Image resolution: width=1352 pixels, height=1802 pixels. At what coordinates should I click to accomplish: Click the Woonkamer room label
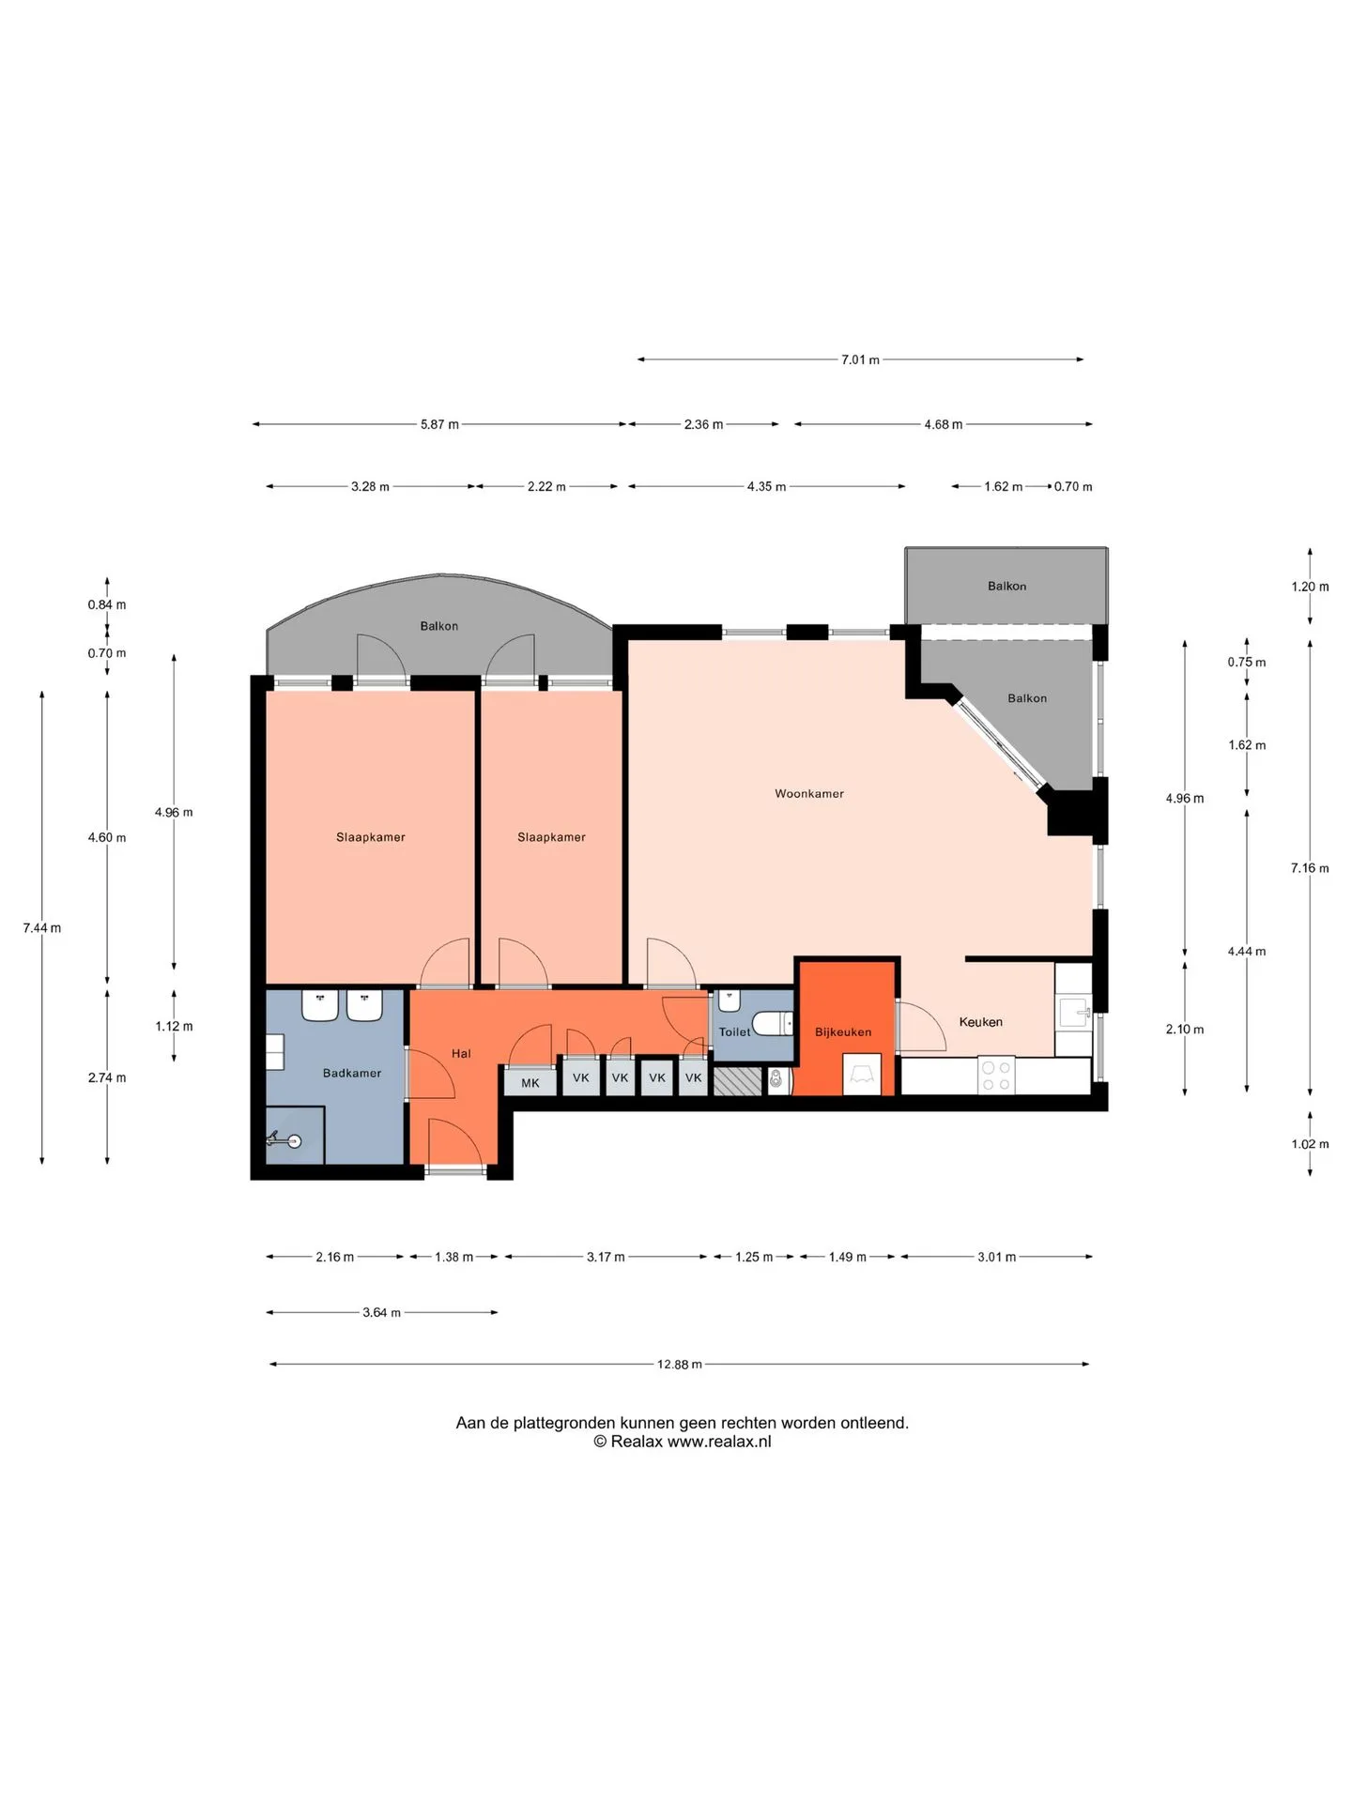[x=808, y=794]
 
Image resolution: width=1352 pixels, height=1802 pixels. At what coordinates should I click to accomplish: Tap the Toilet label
[x=734, y=1031]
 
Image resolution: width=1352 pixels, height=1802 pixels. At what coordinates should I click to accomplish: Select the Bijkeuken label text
[x=843, y=1031]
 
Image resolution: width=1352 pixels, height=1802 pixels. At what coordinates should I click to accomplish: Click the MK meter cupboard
[x=530, y=1082]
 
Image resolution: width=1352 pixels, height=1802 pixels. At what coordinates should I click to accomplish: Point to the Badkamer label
[x=352, y=1073]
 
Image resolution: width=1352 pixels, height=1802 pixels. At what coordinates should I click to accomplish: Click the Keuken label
[x=980, y=1022]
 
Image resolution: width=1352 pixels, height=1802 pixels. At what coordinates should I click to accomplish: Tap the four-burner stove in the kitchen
[x=996, y=1076]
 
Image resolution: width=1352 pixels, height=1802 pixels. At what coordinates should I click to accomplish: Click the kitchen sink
[x=1073, y=1013]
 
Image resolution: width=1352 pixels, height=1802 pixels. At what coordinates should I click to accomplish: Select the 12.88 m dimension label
[x=679, y=1365]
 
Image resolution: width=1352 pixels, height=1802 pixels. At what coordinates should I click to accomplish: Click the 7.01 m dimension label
[x=860, y=359]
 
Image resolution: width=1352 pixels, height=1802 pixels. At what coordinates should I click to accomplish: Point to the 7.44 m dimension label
[x=42, y=928]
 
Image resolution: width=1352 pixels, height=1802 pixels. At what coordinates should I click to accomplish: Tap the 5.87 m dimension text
[x=439, y=424]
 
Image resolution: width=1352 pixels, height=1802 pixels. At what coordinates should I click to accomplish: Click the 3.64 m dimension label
[x=381, y=1312]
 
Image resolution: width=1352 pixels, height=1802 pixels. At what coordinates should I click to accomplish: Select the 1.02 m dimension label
[x=1310, y=1144]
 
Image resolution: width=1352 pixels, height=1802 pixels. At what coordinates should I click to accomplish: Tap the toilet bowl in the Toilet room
[x=773, y=1022]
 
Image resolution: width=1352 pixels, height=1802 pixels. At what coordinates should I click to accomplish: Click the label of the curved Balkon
[x=439, y=626]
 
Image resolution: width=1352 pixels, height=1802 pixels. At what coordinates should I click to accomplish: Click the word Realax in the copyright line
[x=637, y=1442]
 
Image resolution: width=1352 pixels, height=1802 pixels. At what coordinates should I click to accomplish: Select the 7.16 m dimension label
[x=1310, y=868]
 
